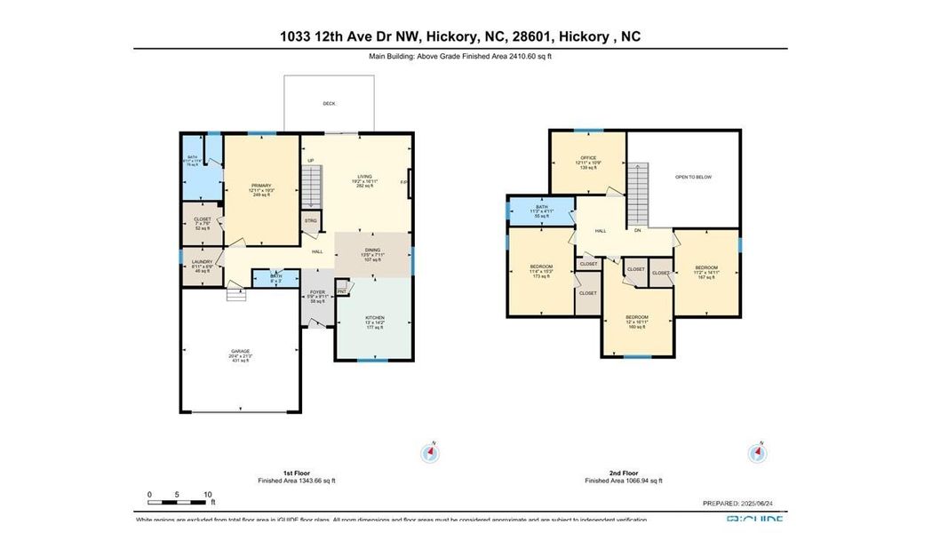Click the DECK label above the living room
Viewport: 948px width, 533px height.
pos(329,104)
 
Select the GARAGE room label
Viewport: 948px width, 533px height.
pos(241,351)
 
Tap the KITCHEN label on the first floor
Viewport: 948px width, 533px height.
pos(374,317)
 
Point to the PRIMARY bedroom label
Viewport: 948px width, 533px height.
pos(260,186)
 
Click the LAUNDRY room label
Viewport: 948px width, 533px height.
pos(202,262)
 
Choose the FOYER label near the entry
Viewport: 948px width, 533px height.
pos(317,292)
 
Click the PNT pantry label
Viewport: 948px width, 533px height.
pos(342,287)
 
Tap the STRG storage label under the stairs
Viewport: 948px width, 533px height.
pos(310,220)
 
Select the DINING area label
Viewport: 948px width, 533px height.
pos(372,251)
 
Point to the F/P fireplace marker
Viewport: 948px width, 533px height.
pos(403,182)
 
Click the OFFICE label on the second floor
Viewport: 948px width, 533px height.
pos(588,157)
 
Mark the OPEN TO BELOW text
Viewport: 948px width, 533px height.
pos(693,177)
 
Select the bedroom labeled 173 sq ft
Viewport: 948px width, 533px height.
pos(541,267)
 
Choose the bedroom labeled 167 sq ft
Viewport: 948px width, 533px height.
pos(706,267)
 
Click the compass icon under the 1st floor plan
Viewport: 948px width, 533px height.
pos(430,453)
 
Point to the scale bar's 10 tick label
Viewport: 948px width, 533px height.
pos(207,494)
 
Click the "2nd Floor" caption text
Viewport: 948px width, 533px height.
pos(624,473)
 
